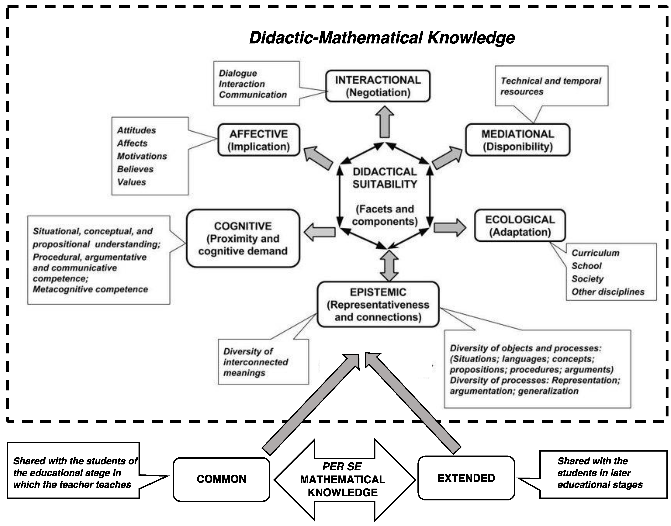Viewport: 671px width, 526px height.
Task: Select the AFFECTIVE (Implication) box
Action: (x=259, y=140)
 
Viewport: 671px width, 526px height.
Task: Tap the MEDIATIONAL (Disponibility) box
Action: (x=517, y=140)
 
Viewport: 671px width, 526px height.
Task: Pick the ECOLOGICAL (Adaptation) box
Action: (x=520, y=226)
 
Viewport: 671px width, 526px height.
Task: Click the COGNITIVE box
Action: (x=243, y=238)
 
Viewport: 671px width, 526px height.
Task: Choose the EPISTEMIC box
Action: (x=378, y=304)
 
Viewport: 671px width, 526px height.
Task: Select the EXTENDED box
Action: (x=466, y=478)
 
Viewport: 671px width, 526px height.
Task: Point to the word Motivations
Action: (x=142, y=156)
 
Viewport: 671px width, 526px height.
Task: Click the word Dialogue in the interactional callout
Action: (x=238, y=73)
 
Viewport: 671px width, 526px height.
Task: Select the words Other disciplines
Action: (x=608, y=292)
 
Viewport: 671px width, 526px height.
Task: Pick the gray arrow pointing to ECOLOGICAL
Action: (x=450, y=228)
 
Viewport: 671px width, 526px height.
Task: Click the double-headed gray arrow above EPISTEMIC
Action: (x=389, y=265)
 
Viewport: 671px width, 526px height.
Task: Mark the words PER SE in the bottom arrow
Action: (x=342, y=467)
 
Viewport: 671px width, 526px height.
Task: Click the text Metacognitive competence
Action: (x=90, y=289)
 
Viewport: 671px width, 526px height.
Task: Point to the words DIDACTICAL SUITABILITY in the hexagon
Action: (x=385, y=178)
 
